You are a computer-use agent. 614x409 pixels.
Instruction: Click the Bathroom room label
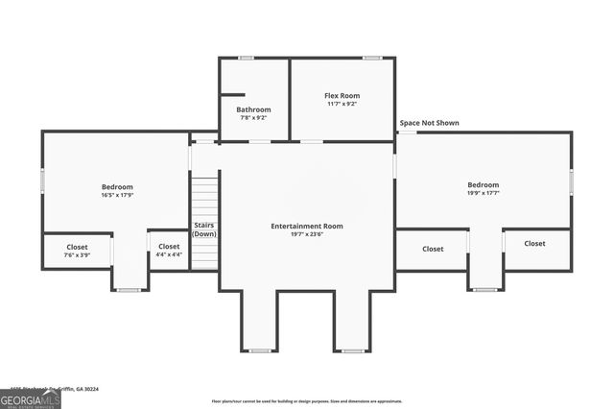point(253,109)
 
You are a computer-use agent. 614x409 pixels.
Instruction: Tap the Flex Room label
point(342,95)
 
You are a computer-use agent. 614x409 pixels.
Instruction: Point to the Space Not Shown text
point(429,124)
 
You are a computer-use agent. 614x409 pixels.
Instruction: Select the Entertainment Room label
point(306,226)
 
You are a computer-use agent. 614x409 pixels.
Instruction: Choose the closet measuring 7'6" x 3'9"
point(77,250)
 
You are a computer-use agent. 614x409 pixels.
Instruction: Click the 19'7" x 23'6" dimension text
point(306,234)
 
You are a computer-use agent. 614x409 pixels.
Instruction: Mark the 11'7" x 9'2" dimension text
point(342,104)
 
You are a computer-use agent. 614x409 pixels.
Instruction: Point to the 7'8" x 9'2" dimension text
point(253,118)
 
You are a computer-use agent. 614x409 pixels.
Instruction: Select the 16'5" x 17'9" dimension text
point(117,195)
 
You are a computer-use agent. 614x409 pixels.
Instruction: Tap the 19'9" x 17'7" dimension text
point(483,193)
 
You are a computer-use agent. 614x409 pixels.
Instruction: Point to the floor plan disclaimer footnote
point(306,400)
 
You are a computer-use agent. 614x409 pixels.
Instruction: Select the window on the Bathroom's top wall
point(246,59)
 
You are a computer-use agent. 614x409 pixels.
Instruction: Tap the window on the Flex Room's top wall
point(371,59)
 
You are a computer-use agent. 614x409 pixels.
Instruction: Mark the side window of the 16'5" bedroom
point(41,180)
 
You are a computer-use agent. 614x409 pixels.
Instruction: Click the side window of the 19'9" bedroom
point(571,181)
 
